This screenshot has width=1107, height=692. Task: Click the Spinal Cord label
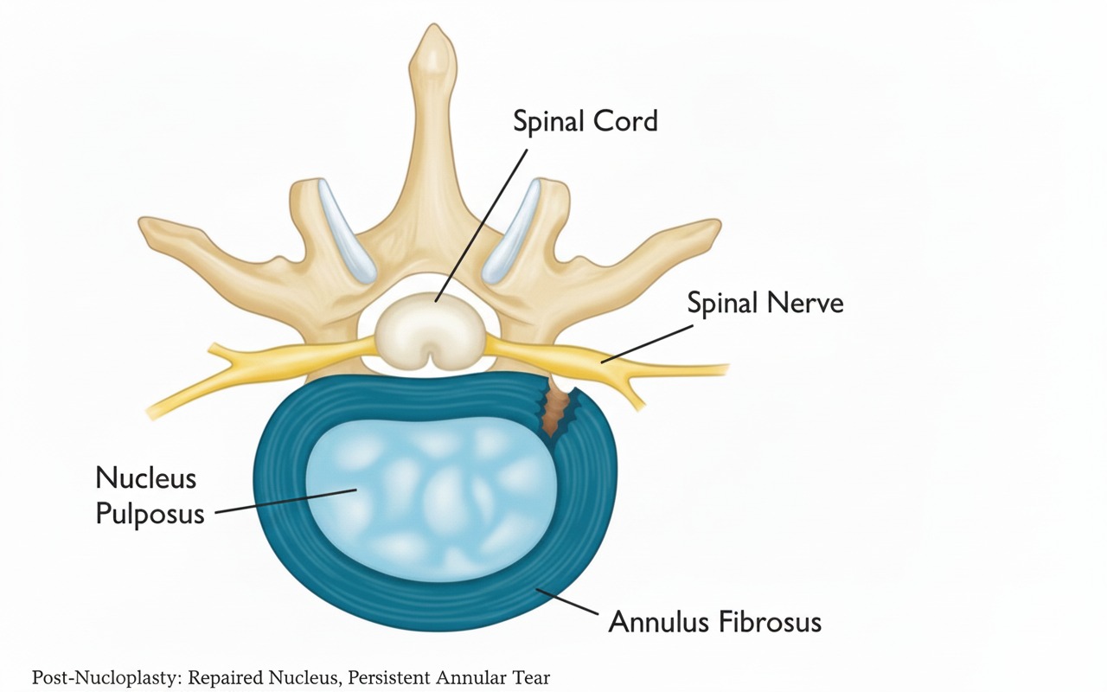coord(585,122)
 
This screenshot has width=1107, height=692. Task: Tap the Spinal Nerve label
coord(765,303)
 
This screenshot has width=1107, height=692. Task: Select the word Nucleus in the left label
coord(146,478)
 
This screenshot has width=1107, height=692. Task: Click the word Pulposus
coord(150,514)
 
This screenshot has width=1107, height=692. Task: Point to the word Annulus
coord(658,621)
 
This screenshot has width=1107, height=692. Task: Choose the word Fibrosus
coord(770,621)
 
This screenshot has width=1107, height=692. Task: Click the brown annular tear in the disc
coord(556,411)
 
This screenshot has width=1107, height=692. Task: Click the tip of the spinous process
coord(433,25)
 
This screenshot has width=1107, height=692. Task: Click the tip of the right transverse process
coord(718,225)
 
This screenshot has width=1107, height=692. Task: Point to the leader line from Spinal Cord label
coord(482,226)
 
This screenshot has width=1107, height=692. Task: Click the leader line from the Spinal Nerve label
coord(647,343)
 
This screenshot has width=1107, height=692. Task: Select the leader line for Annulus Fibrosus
coord(567,601)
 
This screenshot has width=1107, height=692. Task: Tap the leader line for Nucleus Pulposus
coord(285,501)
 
